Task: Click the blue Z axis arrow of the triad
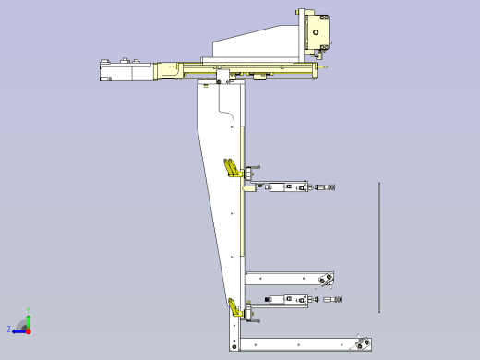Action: [x=18, y=329]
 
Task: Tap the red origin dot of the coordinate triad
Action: [x=29, y=329]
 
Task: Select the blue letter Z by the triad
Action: [x=9, y=329]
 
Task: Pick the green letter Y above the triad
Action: [x=29, y=309]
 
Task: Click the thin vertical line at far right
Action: [x=378, y=247]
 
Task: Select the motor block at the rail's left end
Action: [x=118, y=70]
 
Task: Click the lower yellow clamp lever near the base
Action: [x=234, y=308]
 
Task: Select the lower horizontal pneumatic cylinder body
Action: [x=286, y=300]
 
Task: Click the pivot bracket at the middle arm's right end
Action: [x=324, y=280]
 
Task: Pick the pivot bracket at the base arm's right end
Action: [x=362, y=344]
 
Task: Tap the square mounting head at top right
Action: [x=318, y=34]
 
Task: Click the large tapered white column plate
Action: [x=217, y=185]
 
